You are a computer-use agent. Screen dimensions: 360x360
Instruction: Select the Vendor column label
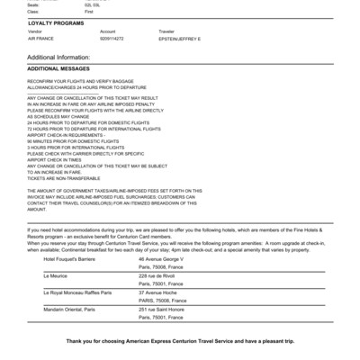[x=34, y=31]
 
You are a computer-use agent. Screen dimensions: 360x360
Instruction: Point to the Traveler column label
[x=167, y=31]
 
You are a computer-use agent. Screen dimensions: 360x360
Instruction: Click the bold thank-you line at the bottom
[x=180, y=343]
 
